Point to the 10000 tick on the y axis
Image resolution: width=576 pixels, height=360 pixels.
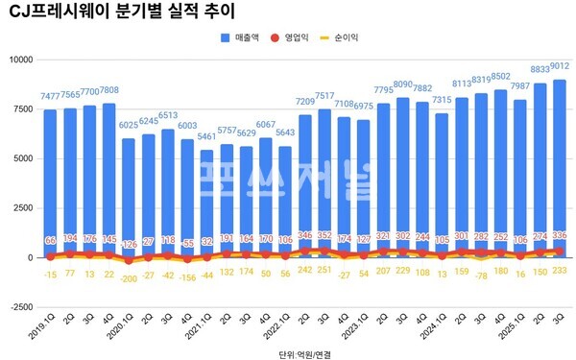18,60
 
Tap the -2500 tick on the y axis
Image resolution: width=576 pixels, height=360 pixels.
18,307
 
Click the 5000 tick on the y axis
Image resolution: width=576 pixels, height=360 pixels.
21,158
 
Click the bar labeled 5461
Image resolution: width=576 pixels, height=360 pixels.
206,202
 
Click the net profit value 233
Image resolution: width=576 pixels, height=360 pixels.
559,272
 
